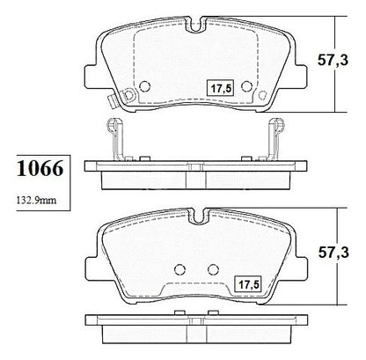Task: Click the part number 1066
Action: click(40, 168)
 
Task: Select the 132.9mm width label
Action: click(36, 201)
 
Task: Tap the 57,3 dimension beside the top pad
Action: click(333, 61)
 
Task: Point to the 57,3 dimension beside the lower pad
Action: click(333, 253)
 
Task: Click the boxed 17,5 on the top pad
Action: click(220, 88)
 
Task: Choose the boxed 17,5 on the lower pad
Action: click(248, 284)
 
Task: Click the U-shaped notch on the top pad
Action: click(196, 25)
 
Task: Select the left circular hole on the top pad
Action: click(144, 86)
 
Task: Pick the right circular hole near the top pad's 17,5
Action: click(246, 86)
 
